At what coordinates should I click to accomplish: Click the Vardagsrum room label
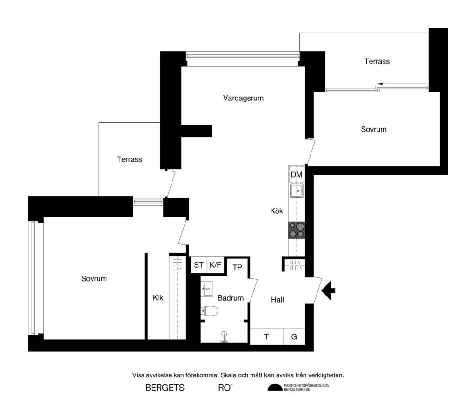click(243, 98)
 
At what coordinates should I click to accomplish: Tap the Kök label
click(277, 211)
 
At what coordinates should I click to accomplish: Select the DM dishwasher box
click(297, 175)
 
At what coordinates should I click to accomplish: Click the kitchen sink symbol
click(297, 191)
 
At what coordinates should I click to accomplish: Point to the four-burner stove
click(297, 230)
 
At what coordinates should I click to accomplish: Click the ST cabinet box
click(198, 265)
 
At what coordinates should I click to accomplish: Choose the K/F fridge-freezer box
click(215, 265)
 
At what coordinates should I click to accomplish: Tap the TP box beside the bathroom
click(237, 267)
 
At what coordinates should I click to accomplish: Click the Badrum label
click(230, 298)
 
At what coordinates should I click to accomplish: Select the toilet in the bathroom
click(208, 311)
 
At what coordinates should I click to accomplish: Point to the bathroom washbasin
click(207, 289)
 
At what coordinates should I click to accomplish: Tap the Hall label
click(278, 300)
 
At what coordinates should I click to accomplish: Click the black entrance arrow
click(329, 290)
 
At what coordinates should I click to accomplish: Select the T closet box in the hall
click(266, 337)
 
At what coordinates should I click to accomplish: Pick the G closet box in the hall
click(294, 337)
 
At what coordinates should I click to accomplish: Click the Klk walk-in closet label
click(158, 298)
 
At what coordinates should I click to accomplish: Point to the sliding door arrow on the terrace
click(379, 84)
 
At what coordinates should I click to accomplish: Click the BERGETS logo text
click(165, 388)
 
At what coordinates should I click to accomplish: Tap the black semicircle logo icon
click(275, 388)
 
